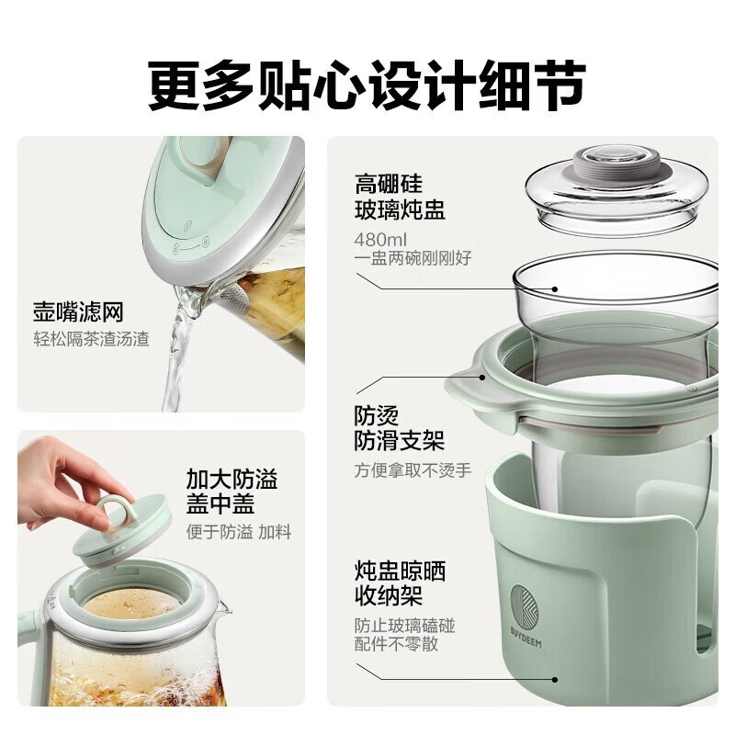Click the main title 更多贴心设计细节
(x=367, y=85)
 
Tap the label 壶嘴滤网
(x=78, y=312)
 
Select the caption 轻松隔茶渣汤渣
(x=91, y=339)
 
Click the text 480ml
(x=380, y=240)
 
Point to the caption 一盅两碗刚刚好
(x=413, y=258)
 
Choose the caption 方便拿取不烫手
(x=413, y=470)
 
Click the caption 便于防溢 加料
(x=239, y=532)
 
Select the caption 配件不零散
(x=396, y=644)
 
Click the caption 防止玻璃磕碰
(x=404, y=626)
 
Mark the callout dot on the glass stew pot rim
(x=555, y=289)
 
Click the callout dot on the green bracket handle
(x=481, y=378)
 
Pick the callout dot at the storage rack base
(x=555, y=679)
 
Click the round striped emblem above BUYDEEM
(x=524, y=605)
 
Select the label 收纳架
(x=389, y=595)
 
